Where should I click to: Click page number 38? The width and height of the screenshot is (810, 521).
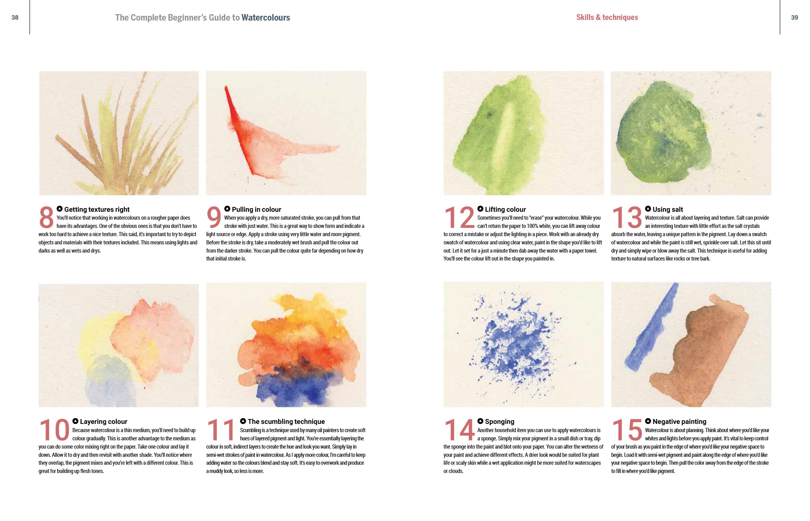[15, 18]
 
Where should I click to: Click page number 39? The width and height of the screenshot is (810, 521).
[794, 18]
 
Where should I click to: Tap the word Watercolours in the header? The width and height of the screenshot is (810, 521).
[266, 18]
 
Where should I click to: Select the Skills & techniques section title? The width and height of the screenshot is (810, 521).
[607, 17]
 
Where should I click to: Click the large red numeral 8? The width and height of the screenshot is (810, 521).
[46, 217]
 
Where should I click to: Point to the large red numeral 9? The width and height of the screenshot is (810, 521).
[214, 217]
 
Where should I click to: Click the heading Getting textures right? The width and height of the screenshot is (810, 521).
[97, 209]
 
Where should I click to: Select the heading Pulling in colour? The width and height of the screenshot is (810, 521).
[256, 209]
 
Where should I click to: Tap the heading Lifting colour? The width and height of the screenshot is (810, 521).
[505, 209]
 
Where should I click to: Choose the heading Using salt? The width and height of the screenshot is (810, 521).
[668, 209]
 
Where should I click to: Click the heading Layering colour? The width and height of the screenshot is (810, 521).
[104, 421]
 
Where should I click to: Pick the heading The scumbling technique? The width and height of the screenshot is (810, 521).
[286, 421]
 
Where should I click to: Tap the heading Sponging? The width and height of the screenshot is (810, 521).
[499, 421]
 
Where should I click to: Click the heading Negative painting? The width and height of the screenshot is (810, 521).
[679, 421]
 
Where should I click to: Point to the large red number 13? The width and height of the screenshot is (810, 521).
[627, 217]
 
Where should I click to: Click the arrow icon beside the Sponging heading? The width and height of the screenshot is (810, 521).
[480, 421]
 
